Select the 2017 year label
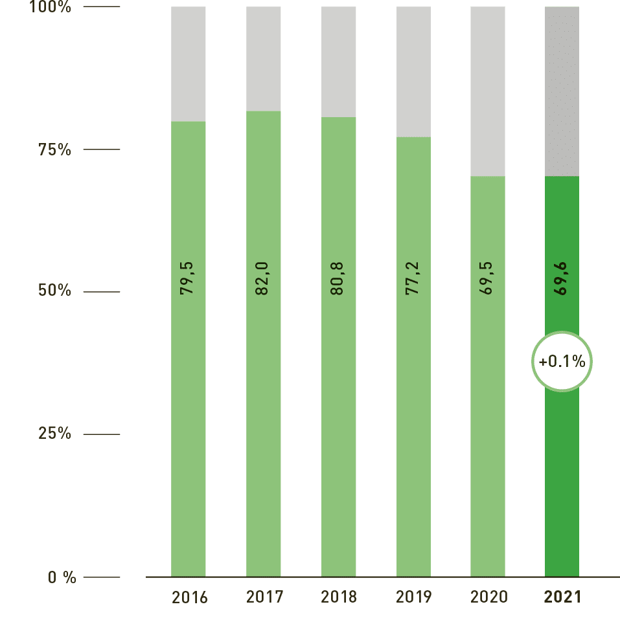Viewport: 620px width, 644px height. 264,597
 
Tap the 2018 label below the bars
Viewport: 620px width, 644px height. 339,597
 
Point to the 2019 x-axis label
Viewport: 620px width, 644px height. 413,597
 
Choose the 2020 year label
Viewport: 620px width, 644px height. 488,597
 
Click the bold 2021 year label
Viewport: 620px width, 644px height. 562,597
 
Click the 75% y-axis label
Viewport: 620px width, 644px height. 54,150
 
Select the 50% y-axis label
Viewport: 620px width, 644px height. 54,291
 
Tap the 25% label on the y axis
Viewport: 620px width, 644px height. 54,434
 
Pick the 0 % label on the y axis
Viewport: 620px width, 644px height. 62,577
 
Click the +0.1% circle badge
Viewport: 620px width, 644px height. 562,362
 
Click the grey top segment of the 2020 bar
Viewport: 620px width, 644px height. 488,91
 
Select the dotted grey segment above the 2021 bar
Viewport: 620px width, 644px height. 562,91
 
